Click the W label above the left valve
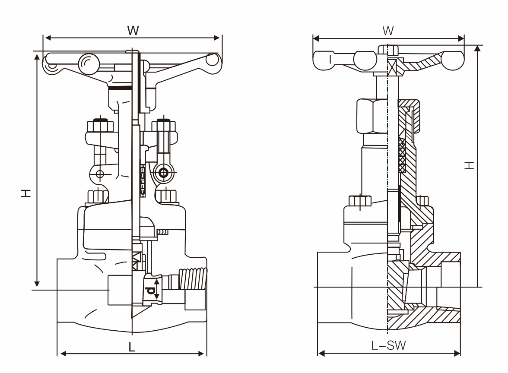click(133, 30)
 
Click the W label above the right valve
click(388, 30)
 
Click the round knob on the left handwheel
click(89, 63)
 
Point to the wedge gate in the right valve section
click(396, 285)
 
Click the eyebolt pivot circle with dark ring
click(164, 173)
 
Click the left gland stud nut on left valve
click(100, 126)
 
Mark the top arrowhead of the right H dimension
click(477, 48)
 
